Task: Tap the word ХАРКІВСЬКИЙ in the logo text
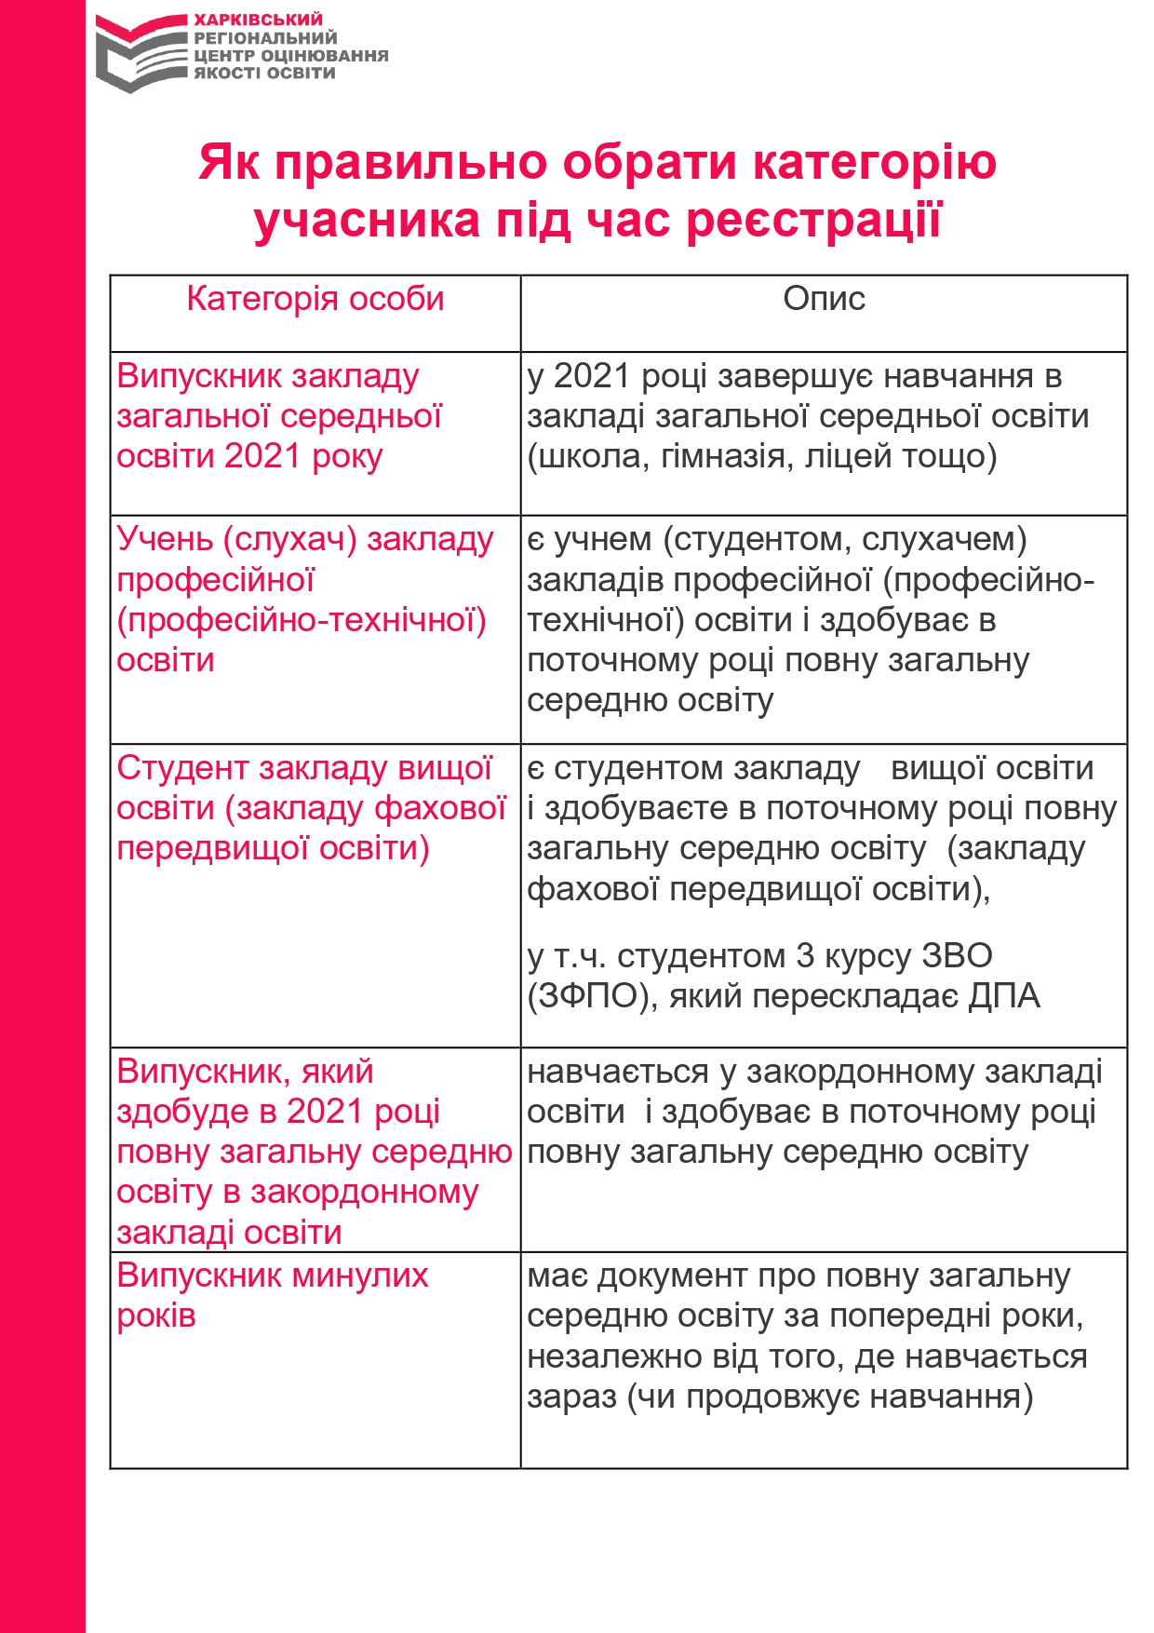[x=258, y=20]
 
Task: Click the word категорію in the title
[x=874, y=162]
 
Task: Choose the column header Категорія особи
[x=315, y=299]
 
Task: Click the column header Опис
[x=824, y=299]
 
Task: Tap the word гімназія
[x=722, y=456]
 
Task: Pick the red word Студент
[x=182, y=768]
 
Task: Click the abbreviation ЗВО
[x=957, y=956]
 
